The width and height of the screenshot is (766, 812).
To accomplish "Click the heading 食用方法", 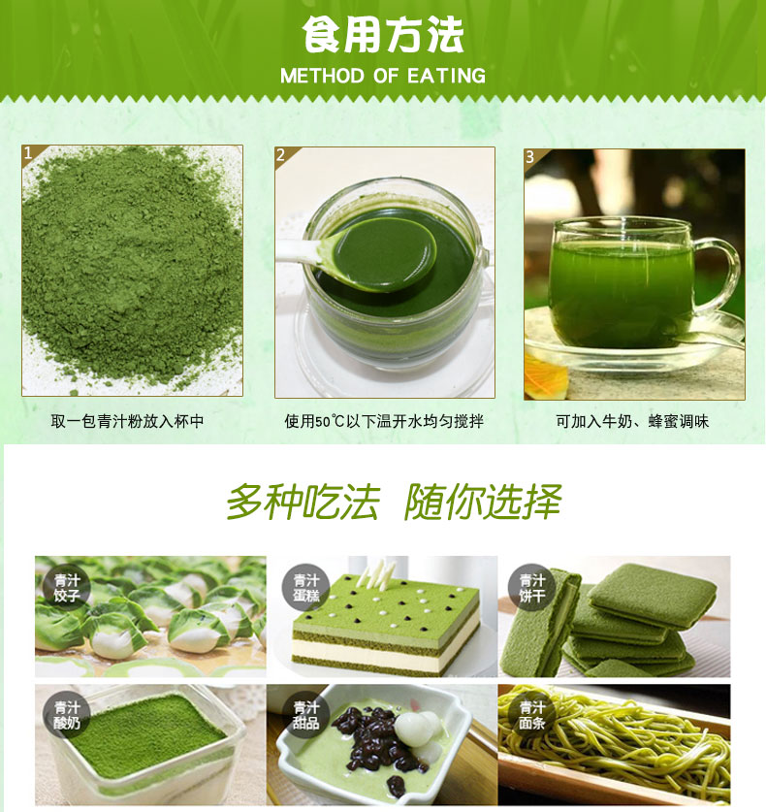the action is click(x=382, y=34).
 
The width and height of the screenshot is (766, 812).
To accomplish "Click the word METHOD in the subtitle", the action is click(x=322, y=76).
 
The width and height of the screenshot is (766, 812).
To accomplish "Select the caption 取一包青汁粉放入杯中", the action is click(x=127, y=421).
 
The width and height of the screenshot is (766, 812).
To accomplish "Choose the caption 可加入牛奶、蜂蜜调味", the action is click(x=632, y=421).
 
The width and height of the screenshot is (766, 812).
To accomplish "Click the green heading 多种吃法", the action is click(x=303, y=502).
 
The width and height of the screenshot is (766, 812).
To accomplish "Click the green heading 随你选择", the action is click(x=482, y=502).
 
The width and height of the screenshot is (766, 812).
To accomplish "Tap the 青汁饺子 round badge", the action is click(x=67, y=588).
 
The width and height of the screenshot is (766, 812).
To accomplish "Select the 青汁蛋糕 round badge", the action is click(x=305, y=588).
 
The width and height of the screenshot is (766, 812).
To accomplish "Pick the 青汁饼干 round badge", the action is click(x=531, y=588).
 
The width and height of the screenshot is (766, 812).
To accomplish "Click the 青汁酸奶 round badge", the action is click(x=67, y=715).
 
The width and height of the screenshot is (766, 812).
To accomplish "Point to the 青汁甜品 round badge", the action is click(x=305, y=715).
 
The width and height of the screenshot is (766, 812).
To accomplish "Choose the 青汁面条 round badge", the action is click(x=531, y=715).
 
